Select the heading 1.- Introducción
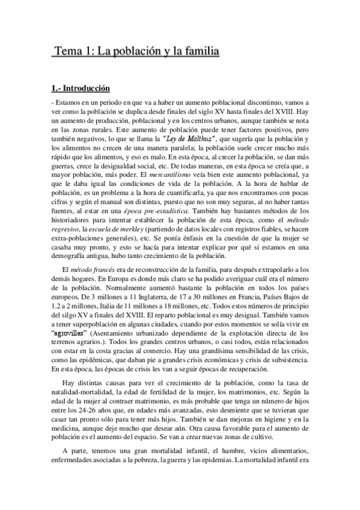pyautogui.click(x=81, y=88)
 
